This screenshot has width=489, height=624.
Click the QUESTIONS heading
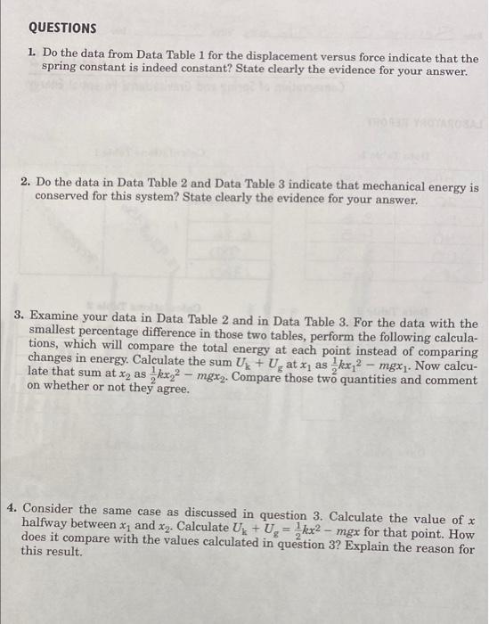pos(60,29)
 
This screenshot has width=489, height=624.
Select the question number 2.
pos(28,188)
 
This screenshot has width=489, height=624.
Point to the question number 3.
pos(20,323)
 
